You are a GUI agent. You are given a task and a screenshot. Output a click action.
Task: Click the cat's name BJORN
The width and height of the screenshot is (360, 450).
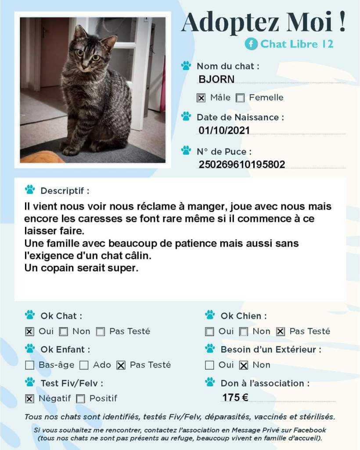point(216,80)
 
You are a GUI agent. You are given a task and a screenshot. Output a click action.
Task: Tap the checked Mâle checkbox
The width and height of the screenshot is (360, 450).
point(201,98)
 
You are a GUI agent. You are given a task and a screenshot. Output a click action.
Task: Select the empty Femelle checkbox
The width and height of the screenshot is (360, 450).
point(240,98)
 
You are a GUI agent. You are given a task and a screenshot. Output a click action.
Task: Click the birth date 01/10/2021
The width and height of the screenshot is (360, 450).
point(224,130)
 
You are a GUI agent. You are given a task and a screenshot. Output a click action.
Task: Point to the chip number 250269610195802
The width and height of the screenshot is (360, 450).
point(242,165)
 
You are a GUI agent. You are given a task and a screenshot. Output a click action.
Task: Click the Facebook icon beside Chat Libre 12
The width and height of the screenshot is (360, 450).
point(251,44)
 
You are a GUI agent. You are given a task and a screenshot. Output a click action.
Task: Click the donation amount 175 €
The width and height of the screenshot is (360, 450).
point(235,398)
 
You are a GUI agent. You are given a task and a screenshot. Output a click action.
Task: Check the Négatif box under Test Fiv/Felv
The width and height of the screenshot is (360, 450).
point(29,399)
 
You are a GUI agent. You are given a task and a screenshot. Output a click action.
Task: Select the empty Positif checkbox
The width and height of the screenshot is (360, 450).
point(80,399)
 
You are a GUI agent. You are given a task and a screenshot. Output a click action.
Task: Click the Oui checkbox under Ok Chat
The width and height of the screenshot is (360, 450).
point(29,332)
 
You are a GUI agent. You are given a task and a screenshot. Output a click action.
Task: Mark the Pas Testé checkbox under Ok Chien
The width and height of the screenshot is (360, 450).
point(281,332)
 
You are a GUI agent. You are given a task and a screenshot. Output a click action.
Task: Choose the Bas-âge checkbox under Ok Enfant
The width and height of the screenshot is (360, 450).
point(29,365)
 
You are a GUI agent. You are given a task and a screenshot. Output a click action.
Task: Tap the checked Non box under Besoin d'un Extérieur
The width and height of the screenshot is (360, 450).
point(244,365)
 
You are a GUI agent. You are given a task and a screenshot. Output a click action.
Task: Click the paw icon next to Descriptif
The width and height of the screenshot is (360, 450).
point(30,190)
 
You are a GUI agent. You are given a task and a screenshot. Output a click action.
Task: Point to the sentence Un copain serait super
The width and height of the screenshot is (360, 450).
point(81,268)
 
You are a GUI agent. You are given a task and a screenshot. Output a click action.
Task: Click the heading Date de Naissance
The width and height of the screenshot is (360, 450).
point(240,117)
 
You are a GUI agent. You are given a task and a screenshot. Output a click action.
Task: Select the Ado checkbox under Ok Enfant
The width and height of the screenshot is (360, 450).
point(84,365)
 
